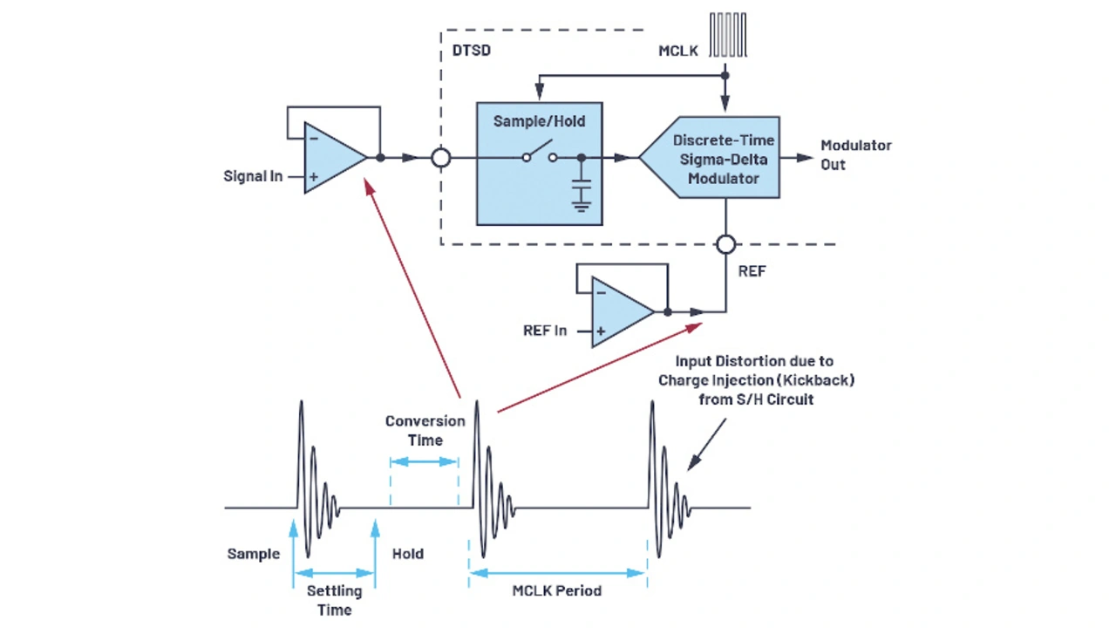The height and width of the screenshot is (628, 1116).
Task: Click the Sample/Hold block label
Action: pyautogui.click(x=539, y=121)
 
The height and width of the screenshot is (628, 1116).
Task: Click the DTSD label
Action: pyautogui.click(x=471, y=51)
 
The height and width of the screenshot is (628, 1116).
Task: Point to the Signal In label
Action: pyautogui.click(x=253, y=176)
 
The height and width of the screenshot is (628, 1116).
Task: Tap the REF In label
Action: pyautogui.click(x=545, y=331)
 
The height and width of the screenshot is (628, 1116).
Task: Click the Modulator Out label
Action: pyautogui.click(x=855, y=154)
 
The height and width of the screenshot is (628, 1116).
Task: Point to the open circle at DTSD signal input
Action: pyautogui.click(x=442, y=158)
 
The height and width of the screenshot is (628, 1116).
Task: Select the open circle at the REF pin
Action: pyautogui.click(x=726, y=245)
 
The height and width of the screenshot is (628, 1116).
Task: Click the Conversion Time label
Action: pyautogui.click(x=425, y=430)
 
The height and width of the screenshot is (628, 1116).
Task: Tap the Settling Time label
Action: pyautogui.click(x=334, y=600)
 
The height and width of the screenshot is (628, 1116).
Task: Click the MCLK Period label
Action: pyautogui.click(x=556, y=591)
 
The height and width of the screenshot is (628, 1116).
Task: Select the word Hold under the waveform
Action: pyautogui.click(x=407, y=554)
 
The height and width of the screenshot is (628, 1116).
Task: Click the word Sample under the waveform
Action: pyautogui.click(x=254, y=554)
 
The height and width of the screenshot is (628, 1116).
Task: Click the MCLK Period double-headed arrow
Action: pyautogui.click(x=557, y=573)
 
